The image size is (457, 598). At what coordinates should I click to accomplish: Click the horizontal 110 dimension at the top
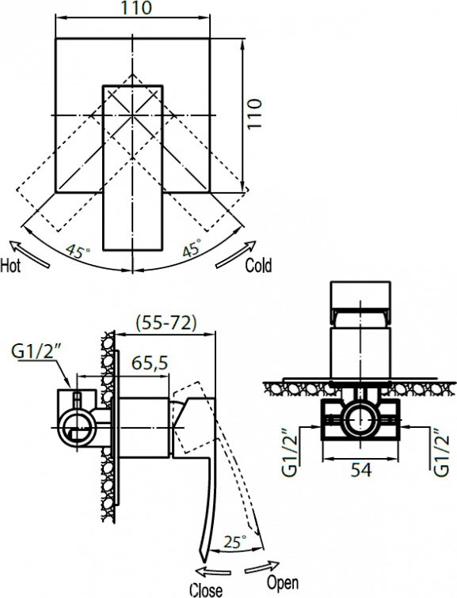coord(136,8)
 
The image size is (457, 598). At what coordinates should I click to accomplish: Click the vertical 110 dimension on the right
coord(255,114)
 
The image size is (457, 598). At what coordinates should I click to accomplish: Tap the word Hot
coord(10,266)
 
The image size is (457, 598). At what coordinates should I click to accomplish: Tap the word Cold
coord(258,266)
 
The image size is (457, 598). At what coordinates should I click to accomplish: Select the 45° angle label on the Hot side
coord(78,252)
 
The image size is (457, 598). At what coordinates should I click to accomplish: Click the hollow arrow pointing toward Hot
coord(29,254)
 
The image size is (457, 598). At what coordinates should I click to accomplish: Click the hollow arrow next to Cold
coord(235,255)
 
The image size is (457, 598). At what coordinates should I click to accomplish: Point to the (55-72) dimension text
coord(166,323)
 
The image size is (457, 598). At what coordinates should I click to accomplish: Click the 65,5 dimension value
coord(150,363)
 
